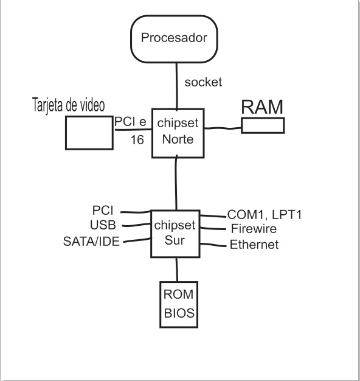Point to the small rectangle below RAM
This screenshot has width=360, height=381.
click(263, 125)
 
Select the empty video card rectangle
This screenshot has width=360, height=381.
click(89, 132)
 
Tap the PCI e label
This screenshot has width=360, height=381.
click(130, 122)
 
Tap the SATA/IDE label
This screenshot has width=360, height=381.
click(91, 242)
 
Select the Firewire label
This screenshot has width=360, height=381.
click(254, 229)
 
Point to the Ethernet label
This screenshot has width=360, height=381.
click(254, 245)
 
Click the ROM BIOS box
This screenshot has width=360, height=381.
click(179, 304)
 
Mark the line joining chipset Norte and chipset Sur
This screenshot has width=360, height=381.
click(176, 183)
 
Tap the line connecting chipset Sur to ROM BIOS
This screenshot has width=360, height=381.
click(177, 269)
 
